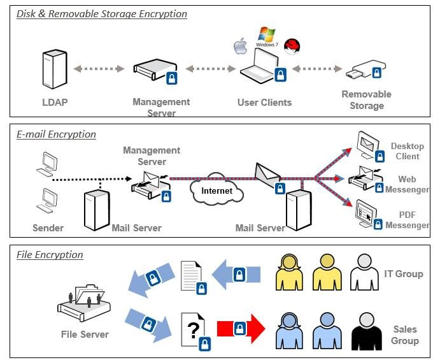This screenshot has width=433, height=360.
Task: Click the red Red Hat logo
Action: click(x=292, y=45)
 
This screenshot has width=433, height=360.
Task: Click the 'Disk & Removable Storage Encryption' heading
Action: click(x=101, y=13)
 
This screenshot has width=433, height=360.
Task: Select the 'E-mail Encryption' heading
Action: click(x=56, y=134)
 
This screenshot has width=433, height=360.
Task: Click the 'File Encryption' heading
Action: click(x=50, y=255)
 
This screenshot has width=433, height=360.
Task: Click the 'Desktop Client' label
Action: click(x=405, y=151)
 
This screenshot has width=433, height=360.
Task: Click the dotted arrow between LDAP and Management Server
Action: click(x=99, y=69)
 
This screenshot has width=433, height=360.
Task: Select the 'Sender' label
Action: click(x=48, y=227)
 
